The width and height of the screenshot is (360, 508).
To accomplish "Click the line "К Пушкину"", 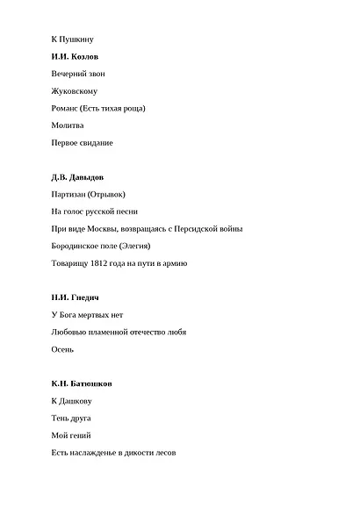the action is coord(73,39).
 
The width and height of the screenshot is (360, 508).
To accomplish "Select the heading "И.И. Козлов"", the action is coord(75,56).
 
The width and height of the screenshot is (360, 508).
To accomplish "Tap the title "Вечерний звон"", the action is coord(78,74).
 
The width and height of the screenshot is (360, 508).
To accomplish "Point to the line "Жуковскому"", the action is coord(75,90).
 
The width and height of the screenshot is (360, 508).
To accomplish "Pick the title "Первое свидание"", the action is coord(83,142).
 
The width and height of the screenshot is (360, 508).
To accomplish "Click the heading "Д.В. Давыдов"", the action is coord(77,177).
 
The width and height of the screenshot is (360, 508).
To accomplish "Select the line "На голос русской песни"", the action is coord(95,211).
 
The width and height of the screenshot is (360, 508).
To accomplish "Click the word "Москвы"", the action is coord(104,229).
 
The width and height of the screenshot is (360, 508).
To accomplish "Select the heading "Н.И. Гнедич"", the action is coord(75,298).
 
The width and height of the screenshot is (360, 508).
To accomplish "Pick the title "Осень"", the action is coord(63,350).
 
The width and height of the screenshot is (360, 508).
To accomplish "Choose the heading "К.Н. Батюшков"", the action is coord(82,384).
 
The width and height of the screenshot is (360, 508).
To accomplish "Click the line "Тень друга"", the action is coord(71,419).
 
